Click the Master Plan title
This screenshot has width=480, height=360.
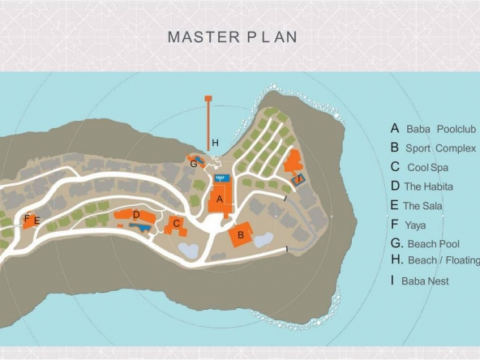233,36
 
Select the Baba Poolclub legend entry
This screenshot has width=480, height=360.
434,129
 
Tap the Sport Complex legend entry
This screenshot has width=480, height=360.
434,148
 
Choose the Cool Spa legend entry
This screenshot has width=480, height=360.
419,167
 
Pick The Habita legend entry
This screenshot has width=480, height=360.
422,186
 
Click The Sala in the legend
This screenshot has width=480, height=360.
416,205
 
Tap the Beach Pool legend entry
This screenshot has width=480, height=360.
425,244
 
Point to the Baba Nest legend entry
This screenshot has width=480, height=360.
420,281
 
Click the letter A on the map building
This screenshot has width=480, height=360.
220,199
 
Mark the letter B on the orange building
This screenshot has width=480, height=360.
241,235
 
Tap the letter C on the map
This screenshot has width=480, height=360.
176,224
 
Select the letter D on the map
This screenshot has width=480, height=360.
136,215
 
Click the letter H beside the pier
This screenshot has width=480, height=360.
215,143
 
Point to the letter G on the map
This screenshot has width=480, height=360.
194,165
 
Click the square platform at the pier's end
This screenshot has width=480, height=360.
208,98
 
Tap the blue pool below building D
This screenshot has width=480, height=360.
140,228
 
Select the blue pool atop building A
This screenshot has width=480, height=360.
222,178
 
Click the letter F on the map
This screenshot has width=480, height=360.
27,218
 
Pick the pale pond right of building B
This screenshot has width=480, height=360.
264,239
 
